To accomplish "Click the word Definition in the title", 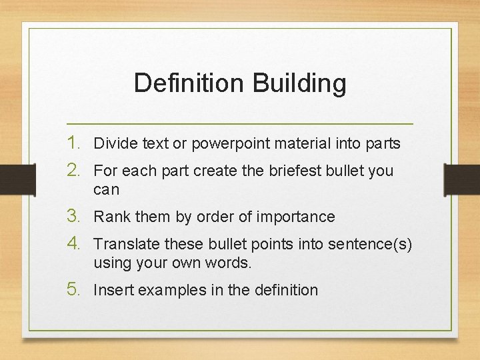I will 189,83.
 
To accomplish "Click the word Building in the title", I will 299,83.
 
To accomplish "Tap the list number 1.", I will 75,143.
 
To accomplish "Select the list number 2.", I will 75,170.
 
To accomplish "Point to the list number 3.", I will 75,216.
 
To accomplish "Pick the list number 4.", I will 75,243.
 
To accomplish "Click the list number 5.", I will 75,289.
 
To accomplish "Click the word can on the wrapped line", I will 106,190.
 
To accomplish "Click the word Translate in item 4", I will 124,244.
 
